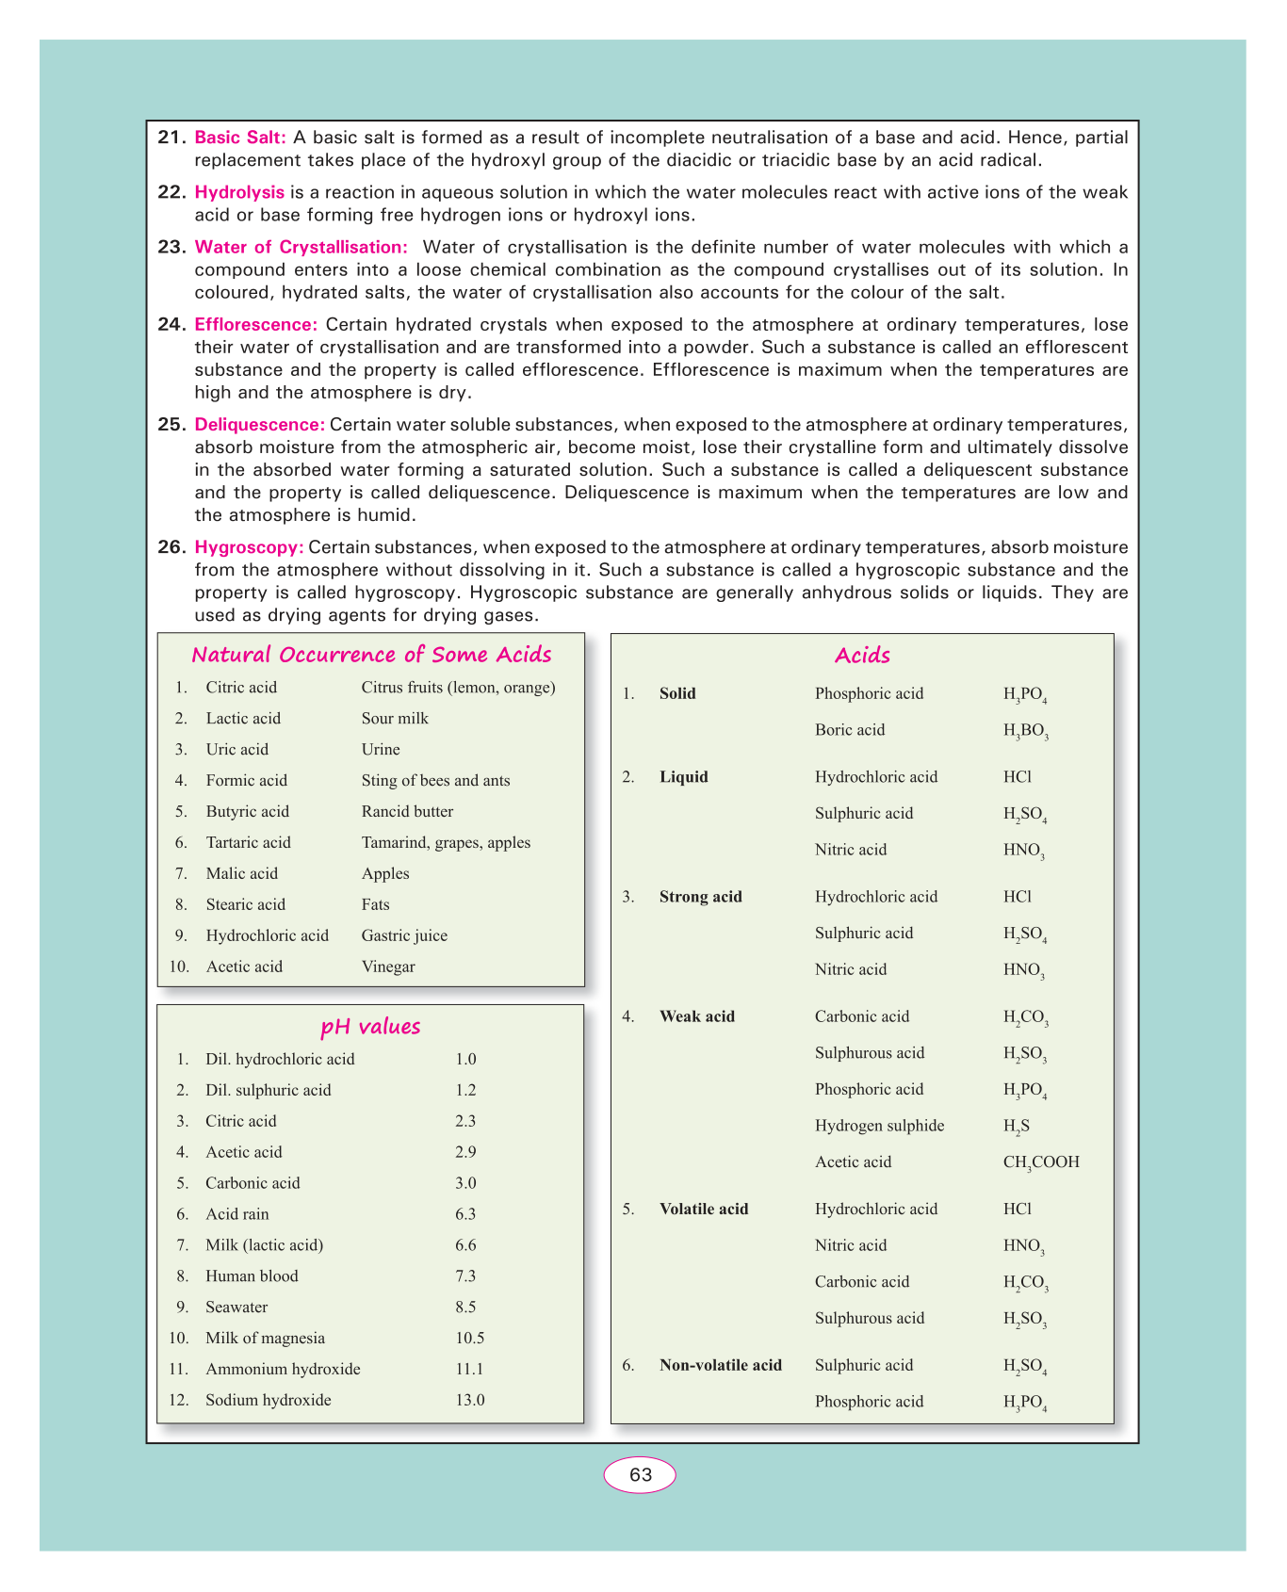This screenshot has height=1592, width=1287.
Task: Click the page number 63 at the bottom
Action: point(640,1474)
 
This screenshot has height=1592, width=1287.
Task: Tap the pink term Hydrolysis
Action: point(239,192)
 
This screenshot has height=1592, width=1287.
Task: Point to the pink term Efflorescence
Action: point(255,325)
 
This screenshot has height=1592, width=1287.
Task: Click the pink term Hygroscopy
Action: point(249,547)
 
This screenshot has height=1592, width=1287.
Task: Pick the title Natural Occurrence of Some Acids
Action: point(371,655)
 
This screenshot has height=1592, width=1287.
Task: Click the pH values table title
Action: point(370,1027)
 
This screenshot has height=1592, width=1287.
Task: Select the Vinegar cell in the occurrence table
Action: point(388,967)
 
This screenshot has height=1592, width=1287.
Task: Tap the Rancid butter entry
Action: point(407,811)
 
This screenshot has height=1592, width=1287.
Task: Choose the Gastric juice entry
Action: point(404,935)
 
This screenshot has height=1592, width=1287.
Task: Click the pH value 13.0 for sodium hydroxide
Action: point(469,1400)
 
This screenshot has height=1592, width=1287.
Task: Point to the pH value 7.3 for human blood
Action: point(465,1275)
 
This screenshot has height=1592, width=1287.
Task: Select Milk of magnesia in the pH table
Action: point(265,1338)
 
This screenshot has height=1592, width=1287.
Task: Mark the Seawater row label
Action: point(236,1307)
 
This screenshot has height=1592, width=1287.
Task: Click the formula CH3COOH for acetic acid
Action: point(1041,1162)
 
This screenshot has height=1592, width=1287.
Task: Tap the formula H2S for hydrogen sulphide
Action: point(1016,1127)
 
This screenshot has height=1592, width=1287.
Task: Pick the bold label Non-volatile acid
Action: point(721,1365)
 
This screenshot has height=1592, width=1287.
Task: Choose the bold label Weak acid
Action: point(697,1016)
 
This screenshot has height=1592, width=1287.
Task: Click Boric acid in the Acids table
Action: point(850,730)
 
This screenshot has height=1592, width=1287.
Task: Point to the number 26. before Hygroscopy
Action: point(171,547)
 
